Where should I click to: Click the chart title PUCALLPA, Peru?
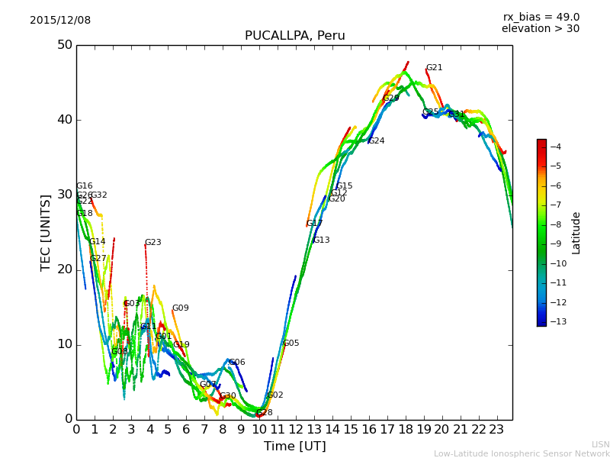pyautogui.click(x=294, y=36)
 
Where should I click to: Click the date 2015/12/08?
pyautogui.click(x=60, y=21)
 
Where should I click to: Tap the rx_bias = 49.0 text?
pyautogui.click(x=541, y=18)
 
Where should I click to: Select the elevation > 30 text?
pyautogui.click(x=541, y=29)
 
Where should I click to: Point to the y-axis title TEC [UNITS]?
pyautogui.click(x=46, y=232)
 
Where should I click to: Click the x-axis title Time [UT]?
pyautogui.click(x=294, y=447)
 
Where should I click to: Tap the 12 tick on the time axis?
pyautogui.click(x=295, y=430)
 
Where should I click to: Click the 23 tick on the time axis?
pyautogui.click(x=496, y=430)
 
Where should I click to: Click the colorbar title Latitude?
pyautogui.click(x=576, y=233)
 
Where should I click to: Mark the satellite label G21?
pyautogui.click(x=434, y=68)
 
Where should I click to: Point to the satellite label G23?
pyautogui.click(x=152, y=243)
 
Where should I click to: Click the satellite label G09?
pyautogui.click(x=180, y=308)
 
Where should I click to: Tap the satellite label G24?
pyautogui.click(x=376, y=141)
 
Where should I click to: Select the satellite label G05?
pyautogui.click(x=291, y=343)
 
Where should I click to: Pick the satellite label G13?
pyautogui.click(x=321, y=240)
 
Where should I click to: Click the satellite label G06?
pyautogui.click(x=236, y=363)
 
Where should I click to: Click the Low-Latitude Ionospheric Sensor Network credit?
pyautogui.click(x=522, y=453)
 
